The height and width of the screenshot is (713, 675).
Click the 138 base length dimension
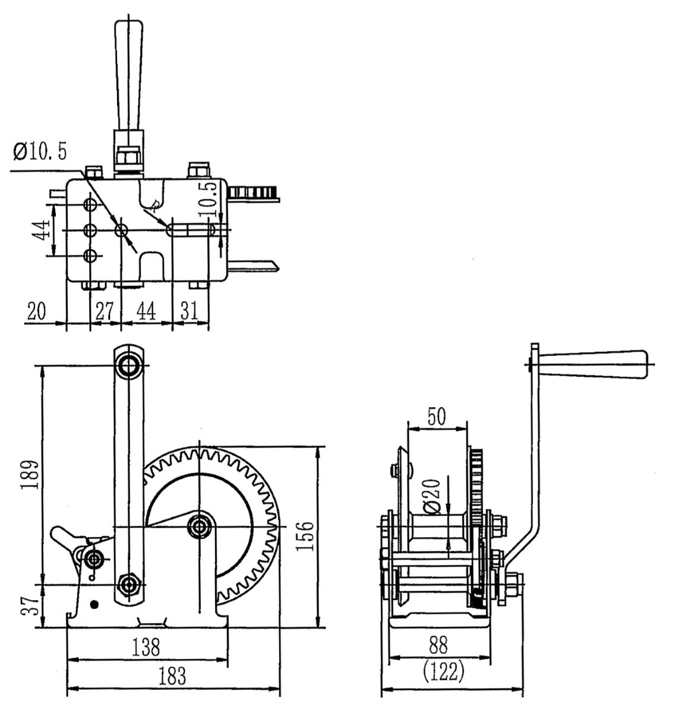pos(146,646)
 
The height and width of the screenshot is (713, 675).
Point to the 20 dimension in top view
pos(37,311)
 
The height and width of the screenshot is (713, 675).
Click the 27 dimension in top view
pos(105,311)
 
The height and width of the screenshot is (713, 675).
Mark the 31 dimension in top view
pos(190,311)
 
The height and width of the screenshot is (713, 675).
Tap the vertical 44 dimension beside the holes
pos(40,230)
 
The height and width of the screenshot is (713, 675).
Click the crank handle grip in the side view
pos(594,363)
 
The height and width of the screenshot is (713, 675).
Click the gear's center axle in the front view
pos(199,526)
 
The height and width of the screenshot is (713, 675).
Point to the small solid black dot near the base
pos(93,604)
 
